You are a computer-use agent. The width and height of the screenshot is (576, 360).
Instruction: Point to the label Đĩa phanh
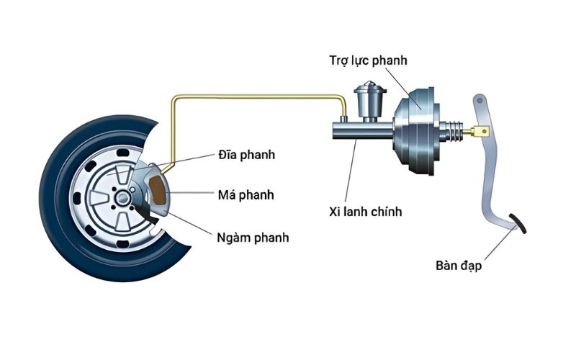(246, 155)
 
